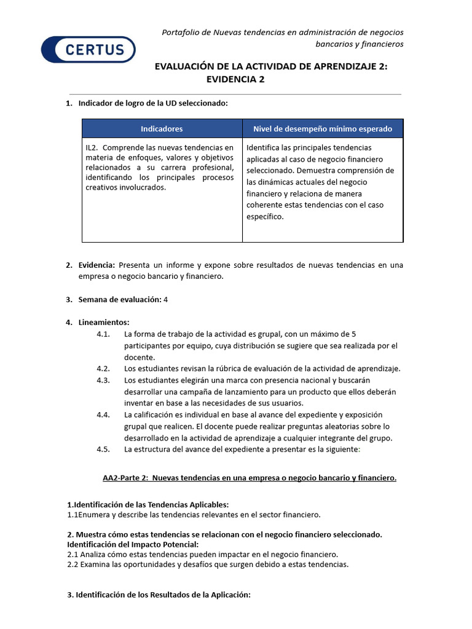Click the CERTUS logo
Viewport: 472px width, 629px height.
pos(88,49)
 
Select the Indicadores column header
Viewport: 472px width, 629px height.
pos(162,129)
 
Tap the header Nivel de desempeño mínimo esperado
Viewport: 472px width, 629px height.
pos(323,129)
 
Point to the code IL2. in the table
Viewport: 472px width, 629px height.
pos(93,147)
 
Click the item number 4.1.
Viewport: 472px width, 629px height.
pos(103,334)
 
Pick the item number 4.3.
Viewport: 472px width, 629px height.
pos(103,380)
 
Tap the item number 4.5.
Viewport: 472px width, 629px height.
pos(103,449)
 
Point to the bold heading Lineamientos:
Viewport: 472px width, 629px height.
pos(104,322)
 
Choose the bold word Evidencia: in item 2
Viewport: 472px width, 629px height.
pos(96,265)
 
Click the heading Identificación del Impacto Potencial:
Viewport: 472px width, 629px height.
pos(133,544)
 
